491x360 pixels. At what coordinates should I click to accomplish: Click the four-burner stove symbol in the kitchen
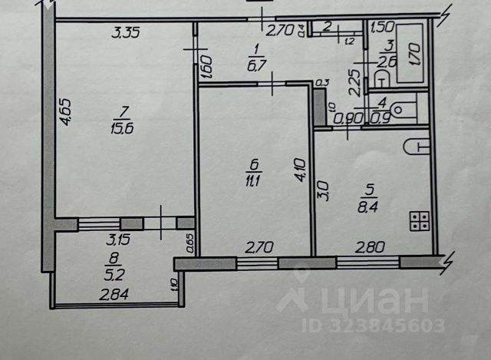tap(420, 222)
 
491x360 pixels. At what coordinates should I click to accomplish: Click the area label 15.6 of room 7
tap(121, 129)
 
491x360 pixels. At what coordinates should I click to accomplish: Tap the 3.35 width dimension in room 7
tap(128, 32)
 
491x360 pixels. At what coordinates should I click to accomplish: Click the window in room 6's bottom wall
tap(258, 263)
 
